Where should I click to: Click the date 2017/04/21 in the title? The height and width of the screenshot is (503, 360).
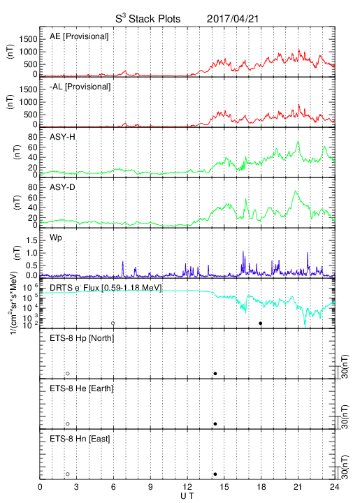pos(232,19)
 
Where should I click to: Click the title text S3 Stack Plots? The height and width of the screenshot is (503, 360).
pos(148,19)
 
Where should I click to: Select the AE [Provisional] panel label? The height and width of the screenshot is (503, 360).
pos(79,36)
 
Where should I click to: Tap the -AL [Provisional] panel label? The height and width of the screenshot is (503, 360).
pos(80,87)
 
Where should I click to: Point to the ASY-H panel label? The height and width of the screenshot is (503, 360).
pos(62,137)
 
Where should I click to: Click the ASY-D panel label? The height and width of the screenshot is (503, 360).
pos(62,187)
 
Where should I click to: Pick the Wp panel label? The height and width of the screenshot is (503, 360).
pos(55,238)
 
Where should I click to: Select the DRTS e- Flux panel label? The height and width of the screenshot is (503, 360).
pos(106,288)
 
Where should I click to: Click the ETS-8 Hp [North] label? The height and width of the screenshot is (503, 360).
pos(82,338)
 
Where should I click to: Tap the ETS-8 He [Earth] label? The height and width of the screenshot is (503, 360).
pos(82,388)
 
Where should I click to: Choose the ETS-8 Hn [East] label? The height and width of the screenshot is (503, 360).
pos(80,439)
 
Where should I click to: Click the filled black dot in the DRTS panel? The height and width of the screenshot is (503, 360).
pos(261,323)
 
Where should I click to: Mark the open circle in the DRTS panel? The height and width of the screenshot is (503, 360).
pos(113,323)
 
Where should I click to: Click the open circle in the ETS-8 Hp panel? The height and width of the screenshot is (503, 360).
pos(68,373)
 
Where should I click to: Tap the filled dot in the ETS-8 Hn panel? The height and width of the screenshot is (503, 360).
pos(215,474)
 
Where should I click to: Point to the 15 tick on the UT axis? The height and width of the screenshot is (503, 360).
pos(224,487)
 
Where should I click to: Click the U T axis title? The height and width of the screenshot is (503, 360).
pos(187,496)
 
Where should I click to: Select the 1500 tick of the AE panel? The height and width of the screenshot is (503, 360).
pos(28,39)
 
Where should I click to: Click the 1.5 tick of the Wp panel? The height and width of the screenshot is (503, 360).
pos(31,240)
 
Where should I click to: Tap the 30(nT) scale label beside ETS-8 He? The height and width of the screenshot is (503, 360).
pos(345,416)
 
